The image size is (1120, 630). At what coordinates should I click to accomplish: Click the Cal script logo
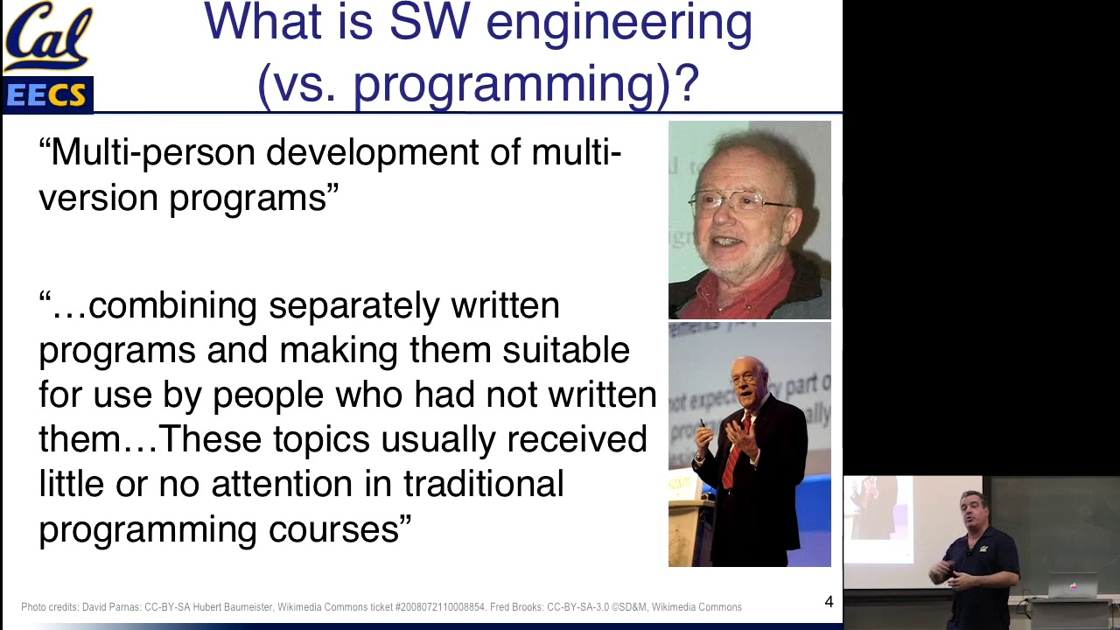47,37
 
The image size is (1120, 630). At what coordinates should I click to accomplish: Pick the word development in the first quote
372,153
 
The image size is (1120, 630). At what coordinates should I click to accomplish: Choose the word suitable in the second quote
565,350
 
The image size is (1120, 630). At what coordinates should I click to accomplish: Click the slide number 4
829,602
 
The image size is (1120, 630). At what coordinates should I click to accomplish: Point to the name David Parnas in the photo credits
111,607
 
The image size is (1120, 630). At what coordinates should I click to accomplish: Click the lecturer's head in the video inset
972,508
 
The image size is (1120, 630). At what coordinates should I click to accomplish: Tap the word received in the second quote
577,439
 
